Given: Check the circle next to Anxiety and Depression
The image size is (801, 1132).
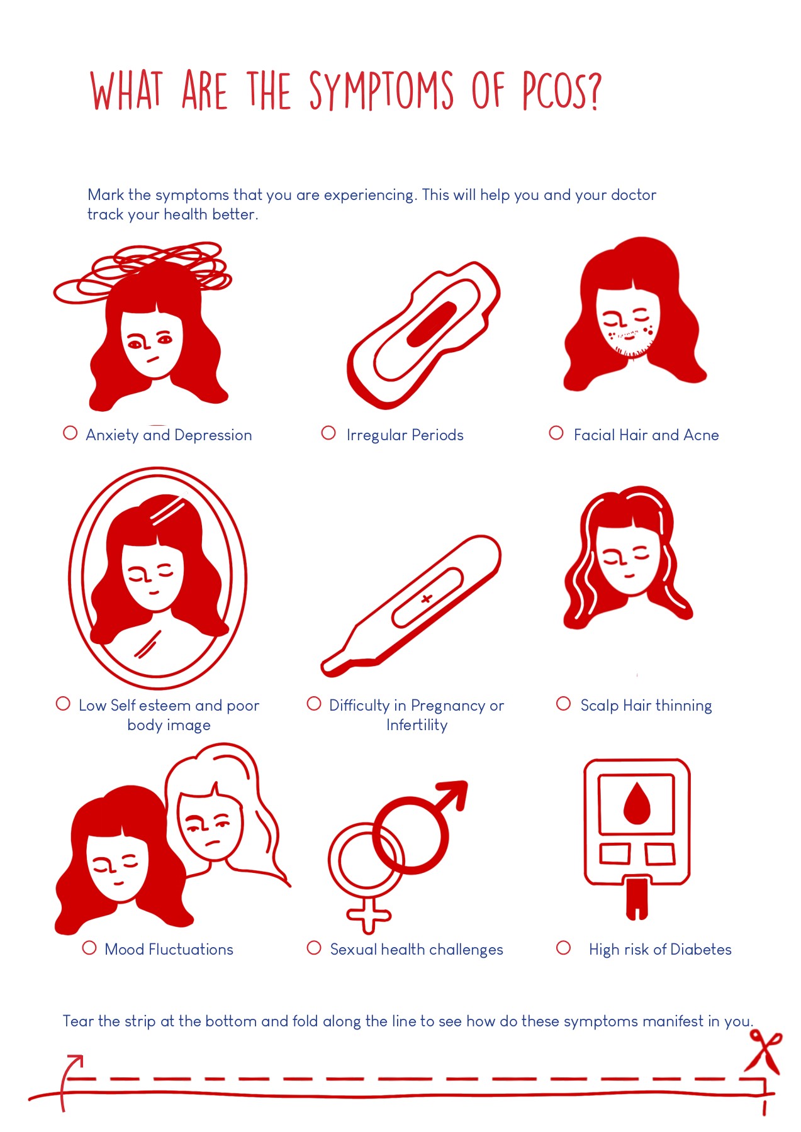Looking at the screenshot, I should pyautogui.click(x=70, y=433).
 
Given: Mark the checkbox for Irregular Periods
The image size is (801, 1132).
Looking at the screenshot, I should pyautogui.click(x=328, y=433).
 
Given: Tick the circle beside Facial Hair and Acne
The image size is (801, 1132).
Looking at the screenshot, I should pyautogui.click(x=556, y=433).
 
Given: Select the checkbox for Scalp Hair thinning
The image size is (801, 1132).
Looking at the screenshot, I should pyautogui.click(x=563, y=703).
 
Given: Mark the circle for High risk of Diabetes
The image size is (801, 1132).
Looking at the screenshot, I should pyautogui.click(x=564, y=948).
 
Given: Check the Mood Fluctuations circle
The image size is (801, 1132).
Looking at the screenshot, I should pyautogui.click(x=89, y=948).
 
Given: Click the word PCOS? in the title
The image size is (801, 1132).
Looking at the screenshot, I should pyautogui.click(x=562, y=91).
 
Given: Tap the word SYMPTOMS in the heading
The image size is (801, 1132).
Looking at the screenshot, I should pyautogui.click(x=381, y=91).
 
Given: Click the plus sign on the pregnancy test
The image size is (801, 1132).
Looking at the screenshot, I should pyautogui.click(x=427, y=599).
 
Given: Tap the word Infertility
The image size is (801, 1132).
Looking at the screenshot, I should pyautogui.click(x=417, y=725).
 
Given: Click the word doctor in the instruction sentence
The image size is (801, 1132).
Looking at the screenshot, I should pyautogui.click(x=633, y=195).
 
